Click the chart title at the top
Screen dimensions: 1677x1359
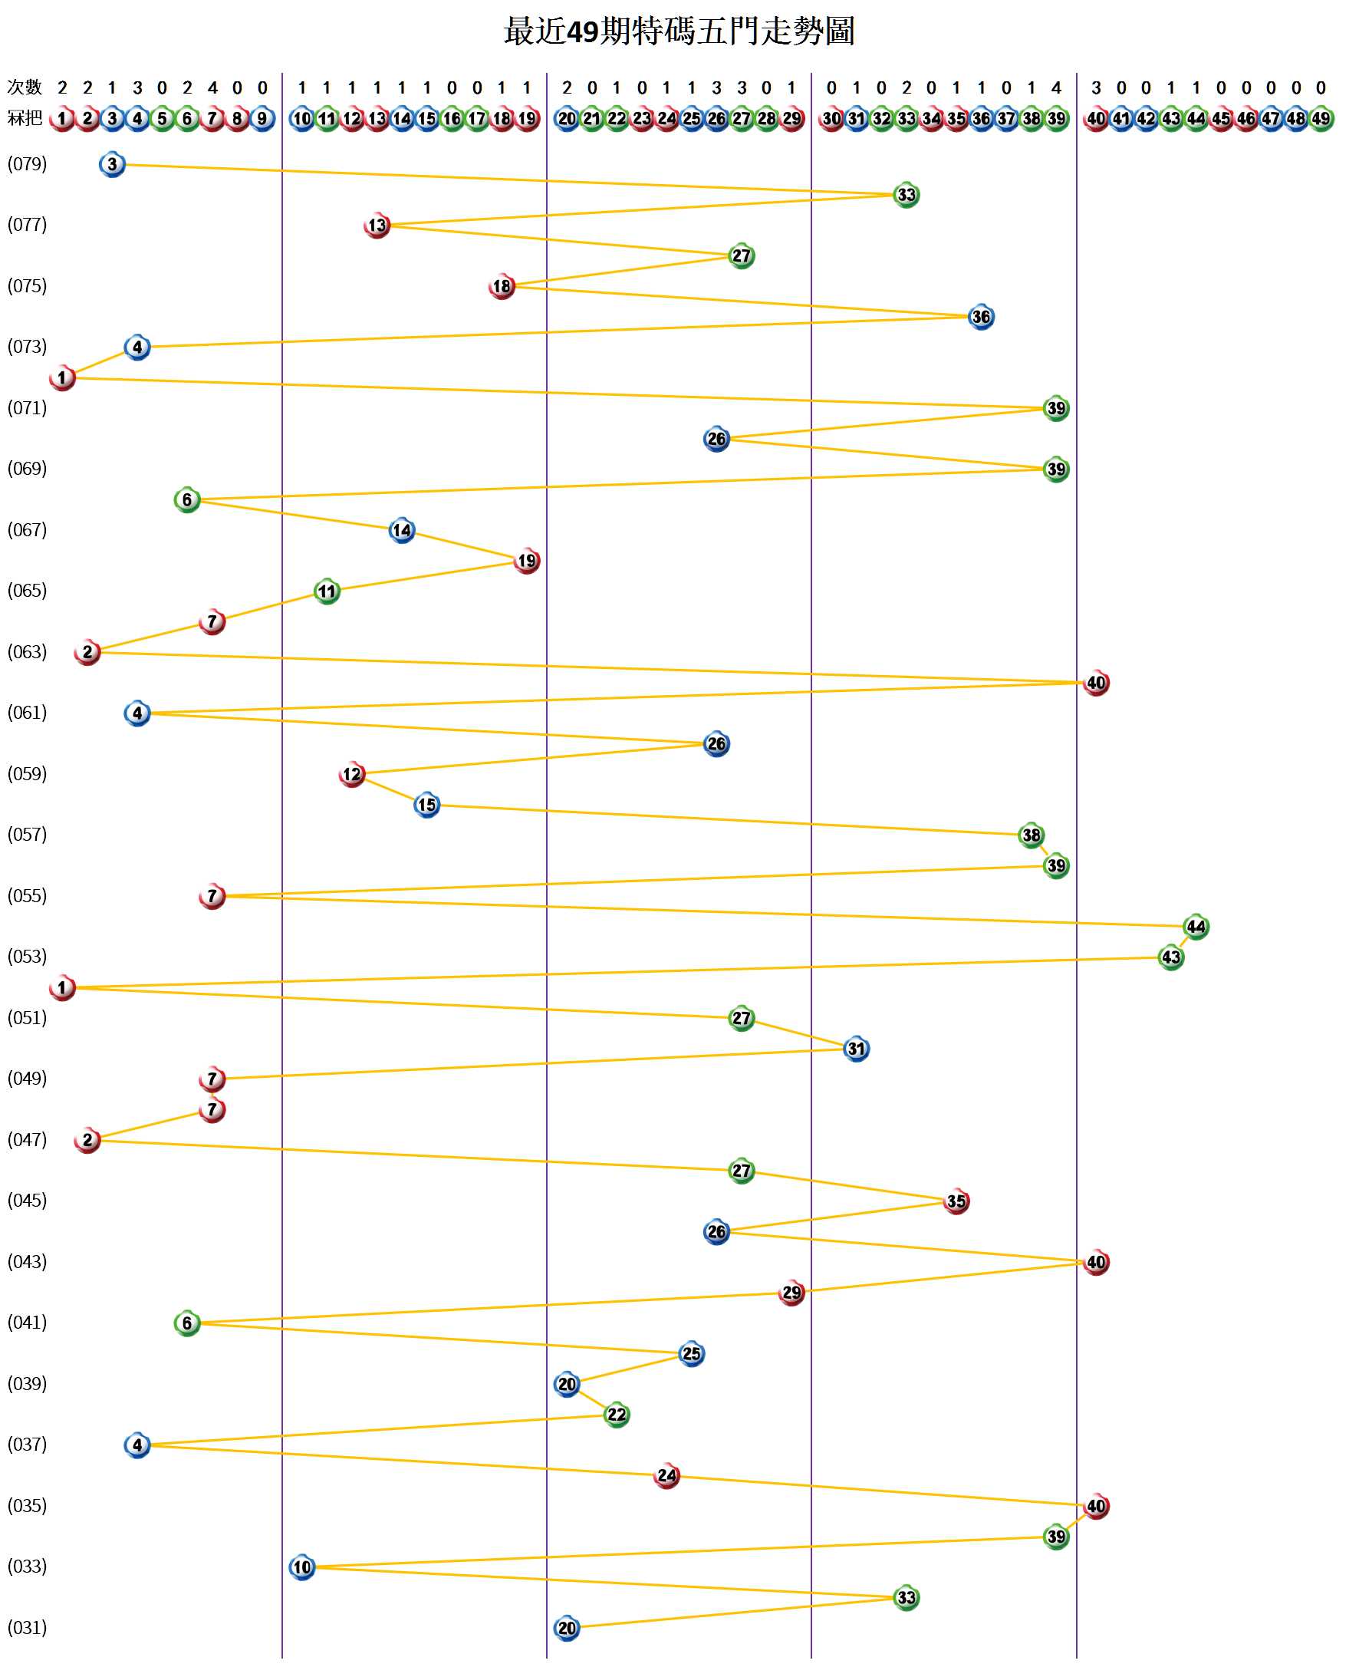pyautogui.click(x=679, y=31)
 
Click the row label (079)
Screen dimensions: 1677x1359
pyautogui.click(x=28, y=164)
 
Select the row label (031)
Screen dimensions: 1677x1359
pyautogui.click(x=28, y=1628)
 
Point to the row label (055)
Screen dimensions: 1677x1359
pyautogui.click(x=28, y=895)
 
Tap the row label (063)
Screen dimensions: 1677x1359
pyautogui.click(x=28, y=652)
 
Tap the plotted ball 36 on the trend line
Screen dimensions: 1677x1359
pyautogui.click(x=981, y=317)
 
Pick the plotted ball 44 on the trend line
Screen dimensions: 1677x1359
pyautogui.click(x=1196, y=927)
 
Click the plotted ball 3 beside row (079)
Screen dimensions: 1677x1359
pyautogui.click(x=113, y=164)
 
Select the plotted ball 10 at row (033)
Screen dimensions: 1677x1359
pyautogui.click(x=302, y=1567)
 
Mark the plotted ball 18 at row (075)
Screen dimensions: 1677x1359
pyautogui.click(x=502, y=287)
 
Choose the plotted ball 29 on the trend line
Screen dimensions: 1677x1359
pyautogui.click(x=791, y=1293)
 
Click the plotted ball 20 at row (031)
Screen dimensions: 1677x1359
pyautogui.click(x=567, y=1629)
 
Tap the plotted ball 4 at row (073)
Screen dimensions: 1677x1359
pyautogui.click(x=138, y=348)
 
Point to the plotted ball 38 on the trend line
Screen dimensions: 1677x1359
pyautogui.click(x=1031, y=835)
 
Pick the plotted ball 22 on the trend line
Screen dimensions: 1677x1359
pyautogui.click(x=617, y=1415)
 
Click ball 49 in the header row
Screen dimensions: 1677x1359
pyautogui.click(x=1321, y=119)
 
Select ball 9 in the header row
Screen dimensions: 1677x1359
pyautogui.click(x=262, y=119)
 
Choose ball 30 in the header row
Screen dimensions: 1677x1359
pyautogui.click(x=831, y=119)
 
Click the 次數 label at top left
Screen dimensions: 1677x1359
pyautogui.click(x=25, y=87)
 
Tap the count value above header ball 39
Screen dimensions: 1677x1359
pyautogui.click(x=1056, y=87)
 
